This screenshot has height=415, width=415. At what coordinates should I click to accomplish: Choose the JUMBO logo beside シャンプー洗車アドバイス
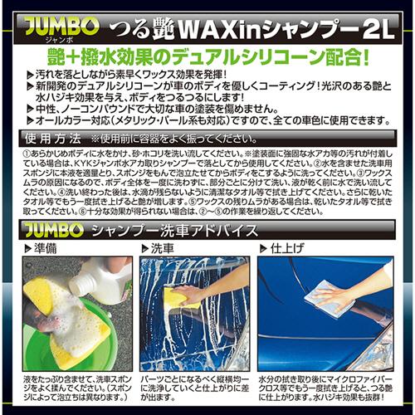coord(59,230)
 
